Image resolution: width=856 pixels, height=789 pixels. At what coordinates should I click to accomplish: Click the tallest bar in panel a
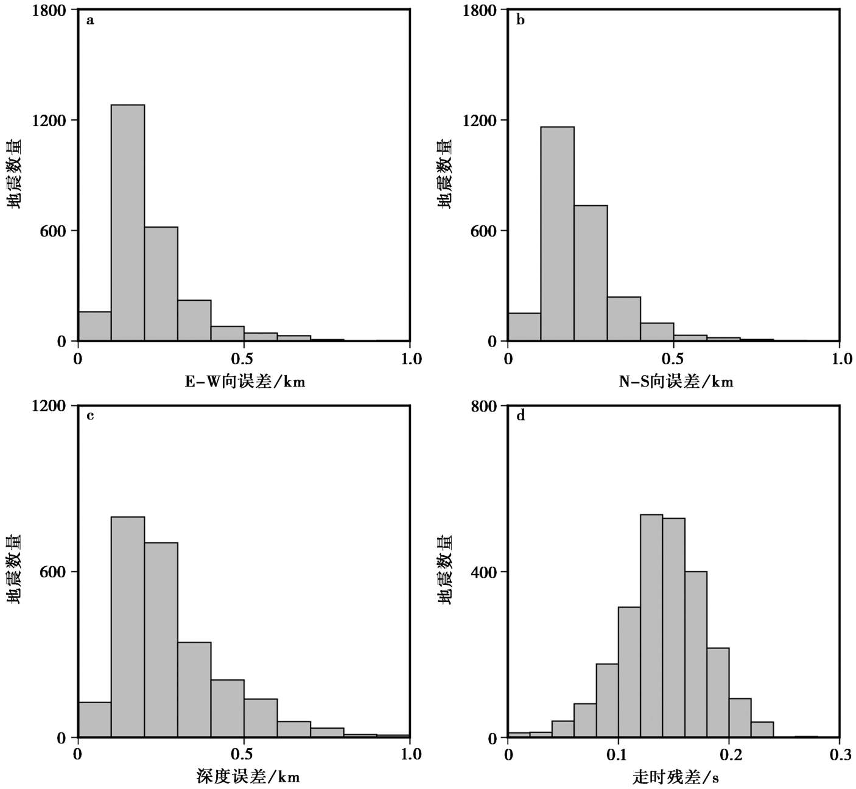pos(128,223)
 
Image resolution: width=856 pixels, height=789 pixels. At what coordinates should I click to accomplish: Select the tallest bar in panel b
pos(557,234)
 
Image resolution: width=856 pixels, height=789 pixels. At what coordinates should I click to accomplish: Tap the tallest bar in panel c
pos(128,627)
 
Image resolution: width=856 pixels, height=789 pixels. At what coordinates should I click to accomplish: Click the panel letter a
pos(90,21)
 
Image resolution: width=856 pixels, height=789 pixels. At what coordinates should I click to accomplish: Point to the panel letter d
pos(521,416)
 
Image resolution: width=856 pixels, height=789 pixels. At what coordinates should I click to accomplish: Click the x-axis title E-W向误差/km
pos(245,382)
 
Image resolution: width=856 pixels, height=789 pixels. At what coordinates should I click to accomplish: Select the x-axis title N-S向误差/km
pos(676,382)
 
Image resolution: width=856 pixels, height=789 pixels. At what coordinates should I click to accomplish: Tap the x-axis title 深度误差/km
pos(248,776)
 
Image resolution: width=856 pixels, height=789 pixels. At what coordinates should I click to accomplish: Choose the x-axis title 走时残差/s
pos(676,777)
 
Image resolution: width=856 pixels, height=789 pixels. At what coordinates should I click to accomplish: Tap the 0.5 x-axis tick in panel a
pos(244,359)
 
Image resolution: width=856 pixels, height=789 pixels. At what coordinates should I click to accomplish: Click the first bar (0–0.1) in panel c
pos(94,720)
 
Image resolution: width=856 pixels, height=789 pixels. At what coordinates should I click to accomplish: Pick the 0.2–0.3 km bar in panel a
pos(161,284)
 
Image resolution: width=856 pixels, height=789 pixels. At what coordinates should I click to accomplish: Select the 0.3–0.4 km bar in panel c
pos(194,690)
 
